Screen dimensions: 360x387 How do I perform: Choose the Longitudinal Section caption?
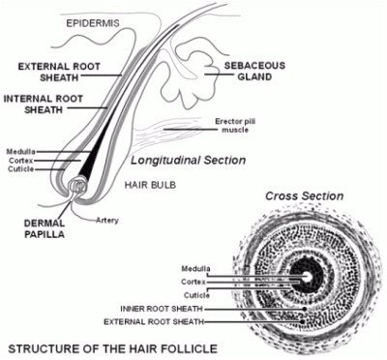(189, 161)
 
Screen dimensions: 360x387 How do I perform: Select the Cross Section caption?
(307, 195)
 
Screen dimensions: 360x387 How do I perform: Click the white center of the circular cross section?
(308, 277)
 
